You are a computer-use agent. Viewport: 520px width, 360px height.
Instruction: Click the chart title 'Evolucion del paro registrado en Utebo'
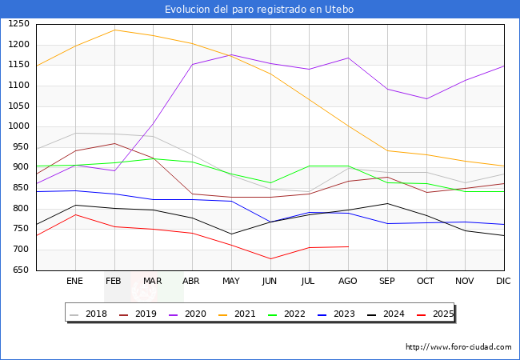(x=259, y=10)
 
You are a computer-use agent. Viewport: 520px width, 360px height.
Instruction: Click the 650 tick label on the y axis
(x=21, y=270)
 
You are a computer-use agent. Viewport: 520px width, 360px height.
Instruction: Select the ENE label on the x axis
(x=74, y=282)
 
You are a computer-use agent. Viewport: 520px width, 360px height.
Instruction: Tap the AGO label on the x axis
(x=348, y=282)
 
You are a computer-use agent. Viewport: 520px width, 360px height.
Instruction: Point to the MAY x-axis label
(x=230, y=282)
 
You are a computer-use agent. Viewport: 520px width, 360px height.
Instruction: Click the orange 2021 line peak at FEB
(x=114, y=30)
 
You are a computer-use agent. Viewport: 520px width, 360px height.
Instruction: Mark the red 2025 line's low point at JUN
(x=270, y=258)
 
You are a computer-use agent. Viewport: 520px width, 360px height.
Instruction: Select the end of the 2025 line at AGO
(x=348, y=246)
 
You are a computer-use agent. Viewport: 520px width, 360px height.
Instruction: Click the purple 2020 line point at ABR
(x=192, y=64)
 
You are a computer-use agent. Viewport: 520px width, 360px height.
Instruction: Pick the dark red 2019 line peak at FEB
(x=114, y=143)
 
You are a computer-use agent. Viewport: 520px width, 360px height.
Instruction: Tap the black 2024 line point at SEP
(x=387, y=203)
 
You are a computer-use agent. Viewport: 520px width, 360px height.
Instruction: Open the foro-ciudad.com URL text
(x=458, y=347)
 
